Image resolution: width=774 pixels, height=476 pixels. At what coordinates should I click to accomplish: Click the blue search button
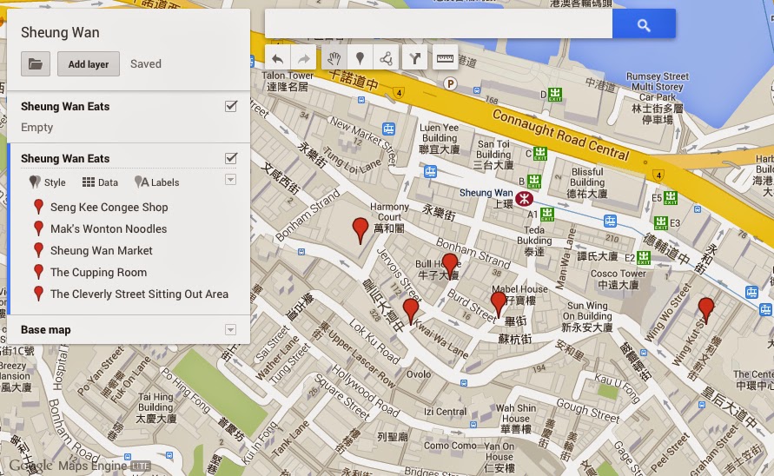click(x=644, y=24)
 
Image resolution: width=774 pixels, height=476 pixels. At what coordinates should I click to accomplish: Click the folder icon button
click(x=36, y=63)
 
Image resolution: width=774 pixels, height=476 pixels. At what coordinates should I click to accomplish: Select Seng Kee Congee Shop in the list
click(x=109, y=208)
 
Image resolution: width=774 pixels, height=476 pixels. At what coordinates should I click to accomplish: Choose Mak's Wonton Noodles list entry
click(x=109, y=229)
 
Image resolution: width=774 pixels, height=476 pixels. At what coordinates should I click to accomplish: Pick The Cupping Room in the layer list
click(x=98, y=273)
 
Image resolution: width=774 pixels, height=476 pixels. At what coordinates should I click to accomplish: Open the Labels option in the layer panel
click(x=157, y=182)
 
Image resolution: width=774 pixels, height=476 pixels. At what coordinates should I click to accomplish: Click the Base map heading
click(x=46, y=330)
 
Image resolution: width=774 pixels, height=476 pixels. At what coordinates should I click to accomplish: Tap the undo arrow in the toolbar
click(x=277, y=59)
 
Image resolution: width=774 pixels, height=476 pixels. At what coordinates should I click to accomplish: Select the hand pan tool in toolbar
click(x=333, y=59)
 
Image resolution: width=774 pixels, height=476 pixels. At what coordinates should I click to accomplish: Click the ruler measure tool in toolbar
click(x=445, y=59)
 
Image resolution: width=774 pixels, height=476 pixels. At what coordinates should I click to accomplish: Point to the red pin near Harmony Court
click(x=361, y=230)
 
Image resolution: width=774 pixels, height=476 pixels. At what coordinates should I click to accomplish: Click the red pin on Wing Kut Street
click(x=706, y=307)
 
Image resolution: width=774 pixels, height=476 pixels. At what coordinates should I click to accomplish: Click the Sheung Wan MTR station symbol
click(x=525, y=199)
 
